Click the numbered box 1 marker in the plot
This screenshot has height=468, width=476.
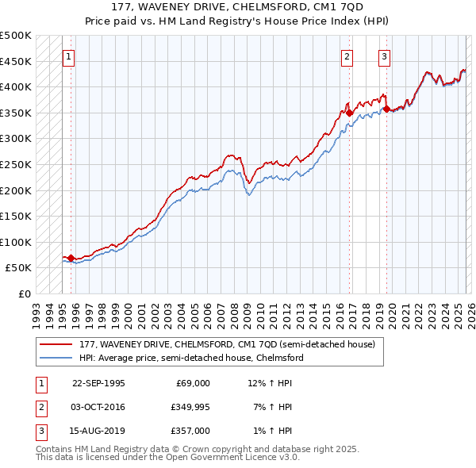tap(68, 56)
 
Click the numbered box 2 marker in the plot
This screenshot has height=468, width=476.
tap(347, 56)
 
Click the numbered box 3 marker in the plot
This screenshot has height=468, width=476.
tap(384, 56)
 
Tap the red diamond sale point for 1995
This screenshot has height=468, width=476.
tap(71, 258)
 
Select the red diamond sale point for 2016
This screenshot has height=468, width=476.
tap(350, 113)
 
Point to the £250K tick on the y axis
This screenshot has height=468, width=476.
tap(17, 164)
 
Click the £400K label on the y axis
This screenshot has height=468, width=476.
tap(17, 86)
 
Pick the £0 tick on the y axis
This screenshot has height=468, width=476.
tap(24, 293)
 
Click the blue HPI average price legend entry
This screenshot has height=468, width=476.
tap(190, 358)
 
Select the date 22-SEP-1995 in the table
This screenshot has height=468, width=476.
tap(98, 382)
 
